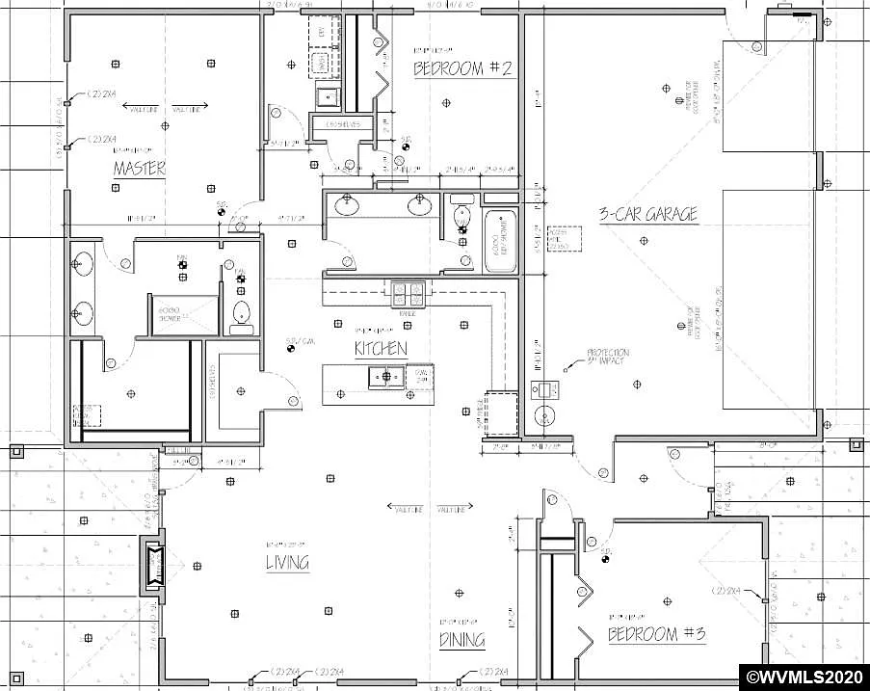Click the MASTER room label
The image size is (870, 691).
[x=139, y=169]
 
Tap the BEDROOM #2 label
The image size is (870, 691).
[x=462, y=68]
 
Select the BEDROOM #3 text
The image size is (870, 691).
[x=657, y=634]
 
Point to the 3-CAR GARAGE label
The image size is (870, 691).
[x=647, y=214]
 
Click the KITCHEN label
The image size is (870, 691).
[x=381, y=349]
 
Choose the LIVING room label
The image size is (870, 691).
[x=287, y=563]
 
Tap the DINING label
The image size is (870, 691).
[x=461, y=640]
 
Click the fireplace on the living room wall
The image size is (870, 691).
[x=153, y=566]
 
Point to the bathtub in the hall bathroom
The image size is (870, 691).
[x=500, y=238]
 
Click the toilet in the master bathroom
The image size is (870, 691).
[x=241, y=312]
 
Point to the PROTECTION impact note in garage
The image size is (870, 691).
[x=608, y=357]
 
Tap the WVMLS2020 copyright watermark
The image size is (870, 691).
[x=803, y=674]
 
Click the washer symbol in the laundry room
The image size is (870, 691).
[x=319, y=65]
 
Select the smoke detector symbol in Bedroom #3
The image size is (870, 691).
[x=606, y=557]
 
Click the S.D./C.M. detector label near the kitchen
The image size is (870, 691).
[x=301, y=341]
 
